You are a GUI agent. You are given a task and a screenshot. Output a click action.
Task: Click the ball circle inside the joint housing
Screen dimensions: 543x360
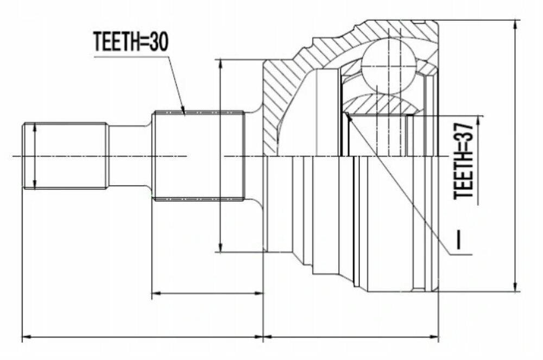389,67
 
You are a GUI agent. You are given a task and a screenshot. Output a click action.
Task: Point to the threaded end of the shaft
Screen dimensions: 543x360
65,156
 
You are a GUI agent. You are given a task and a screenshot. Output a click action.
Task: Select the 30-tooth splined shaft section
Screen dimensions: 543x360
199,156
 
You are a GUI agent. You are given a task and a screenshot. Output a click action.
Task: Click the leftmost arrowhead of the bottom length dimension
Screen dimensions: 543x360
28,337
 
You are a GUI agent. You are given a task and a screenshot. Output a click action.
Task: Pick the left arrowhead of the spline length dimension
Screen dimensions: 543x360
158,293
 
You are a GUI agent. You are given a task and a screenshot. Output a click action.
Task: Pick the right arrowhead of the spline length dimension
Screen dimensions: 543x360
257,293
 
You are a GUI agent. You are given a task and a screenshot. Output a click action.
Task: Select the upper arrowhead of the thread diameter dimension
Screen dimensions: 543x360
34,129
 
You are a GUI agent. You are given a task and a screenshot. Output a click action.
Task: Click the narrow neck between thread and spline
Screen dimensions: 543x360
130,156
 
